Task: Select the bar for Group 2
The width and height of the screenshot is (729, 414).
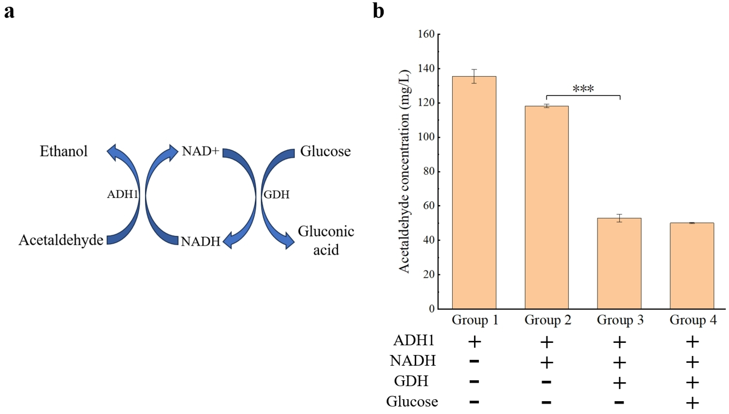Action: click(x=547, y=207)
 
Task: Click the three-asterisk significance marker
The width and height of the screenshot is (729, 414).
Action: click(x=583, y=89)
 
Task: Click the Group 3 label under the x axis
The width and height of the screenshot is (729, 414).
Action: click(x=620, y=320)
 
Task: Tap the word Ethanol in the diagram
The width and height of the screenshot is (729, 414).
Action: click(x=63, y=151)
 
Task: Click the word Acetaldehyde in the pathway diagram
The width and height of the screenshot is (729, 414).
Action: click(x=61, y=240)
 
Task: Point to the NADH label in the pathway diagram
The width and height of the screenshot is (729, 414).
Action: click(x=201, y=241)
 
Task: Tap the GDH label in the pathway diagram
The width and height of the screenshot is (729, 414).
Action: click(x=277, y=194)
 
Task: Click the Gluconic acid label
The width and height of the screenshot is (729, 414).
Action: click(x=326, y=241)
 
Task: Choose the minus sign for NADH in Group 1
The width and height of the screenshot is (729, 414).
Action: click(x=474, y=361)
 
